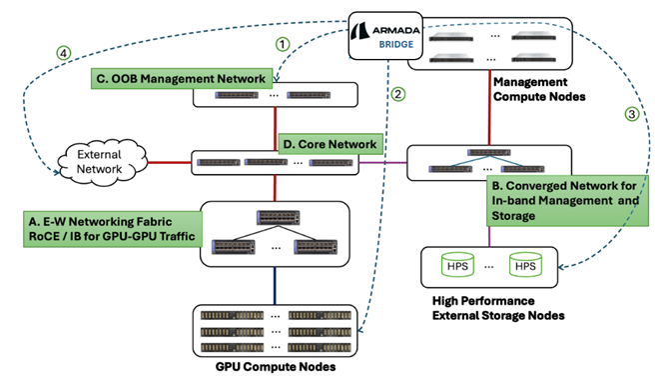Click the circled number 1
[x=282, y=44]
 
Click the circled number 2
[x=397, y=95]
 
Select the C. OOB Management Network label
[x=180, y=77]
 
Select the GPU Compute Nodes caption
[x=275, y=368]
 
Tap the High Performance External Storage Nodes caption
[x=497, y=308]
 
